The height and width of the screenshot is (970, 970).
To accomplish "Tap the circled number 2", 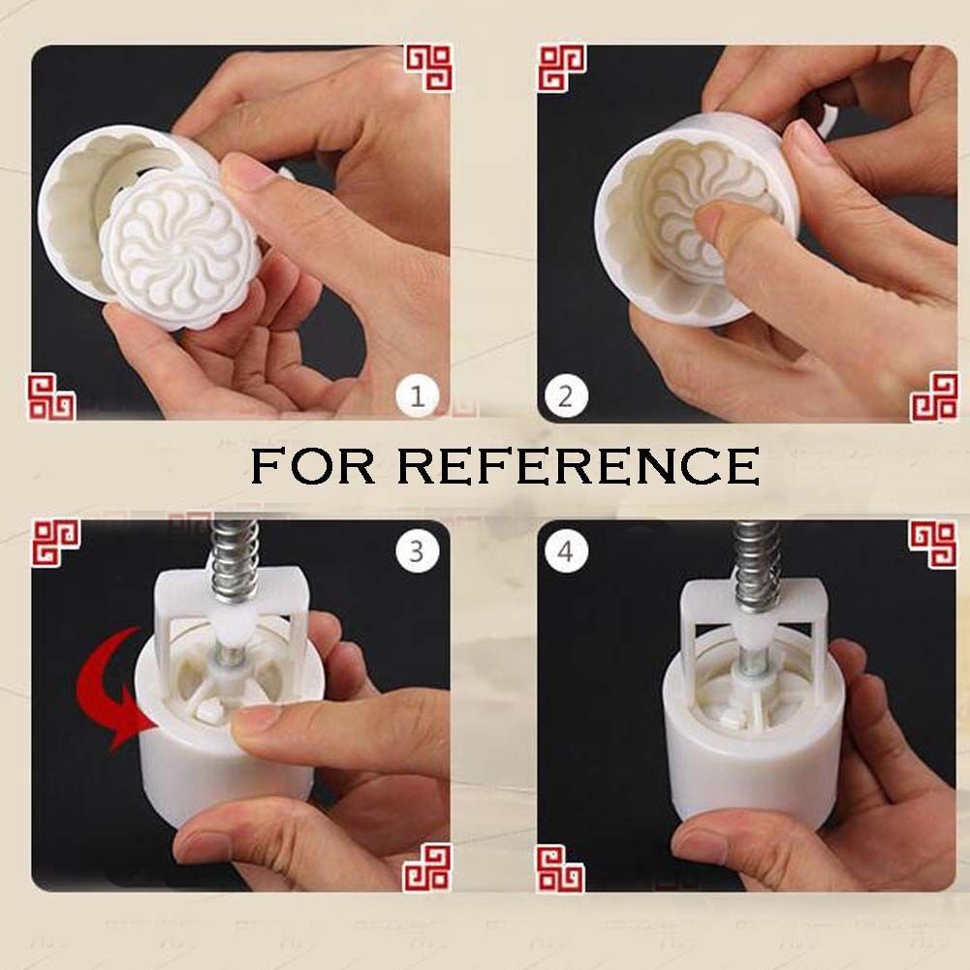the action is click(565, 396).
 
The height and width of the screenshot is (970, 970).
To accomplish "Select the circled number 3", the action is click(417, 550).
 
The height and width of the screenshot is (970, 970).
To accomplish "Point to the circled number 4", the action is click(565, 550).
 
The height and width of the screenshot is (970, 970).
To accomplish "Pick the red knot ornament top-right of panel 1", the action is click(428, 68).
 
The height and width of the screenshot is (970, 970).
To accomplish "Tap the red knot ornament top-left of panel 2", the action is click(562, 68).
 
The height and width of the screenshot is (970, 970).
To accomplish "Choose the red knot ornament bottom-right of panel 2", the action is click(934, 397).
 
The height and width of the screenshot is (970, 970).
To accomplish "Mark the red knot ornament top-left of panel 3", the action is click(55, 543).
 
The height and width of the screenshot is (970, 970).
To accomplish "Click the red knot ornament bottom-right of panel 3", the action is click(427, 867).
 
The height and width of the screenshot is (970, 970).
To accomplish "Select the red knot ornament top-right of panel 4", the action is click(933, 544).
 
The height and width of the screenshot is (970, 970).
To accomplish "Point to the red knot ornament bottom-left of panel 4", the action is click(560, 869).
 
